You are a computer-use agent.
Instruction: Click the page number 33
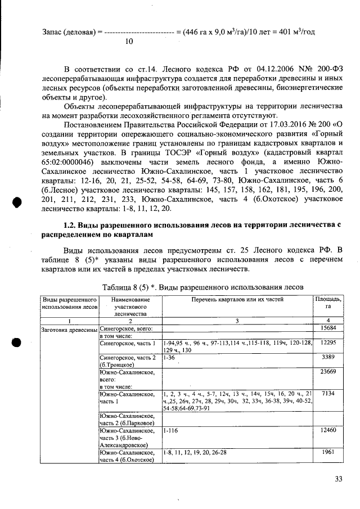coord(339,479)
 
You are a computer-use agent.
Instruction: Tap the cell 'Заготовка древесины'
coord(67,328)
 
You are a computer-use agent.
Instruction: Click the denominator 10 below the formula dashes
coord(129,42)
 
